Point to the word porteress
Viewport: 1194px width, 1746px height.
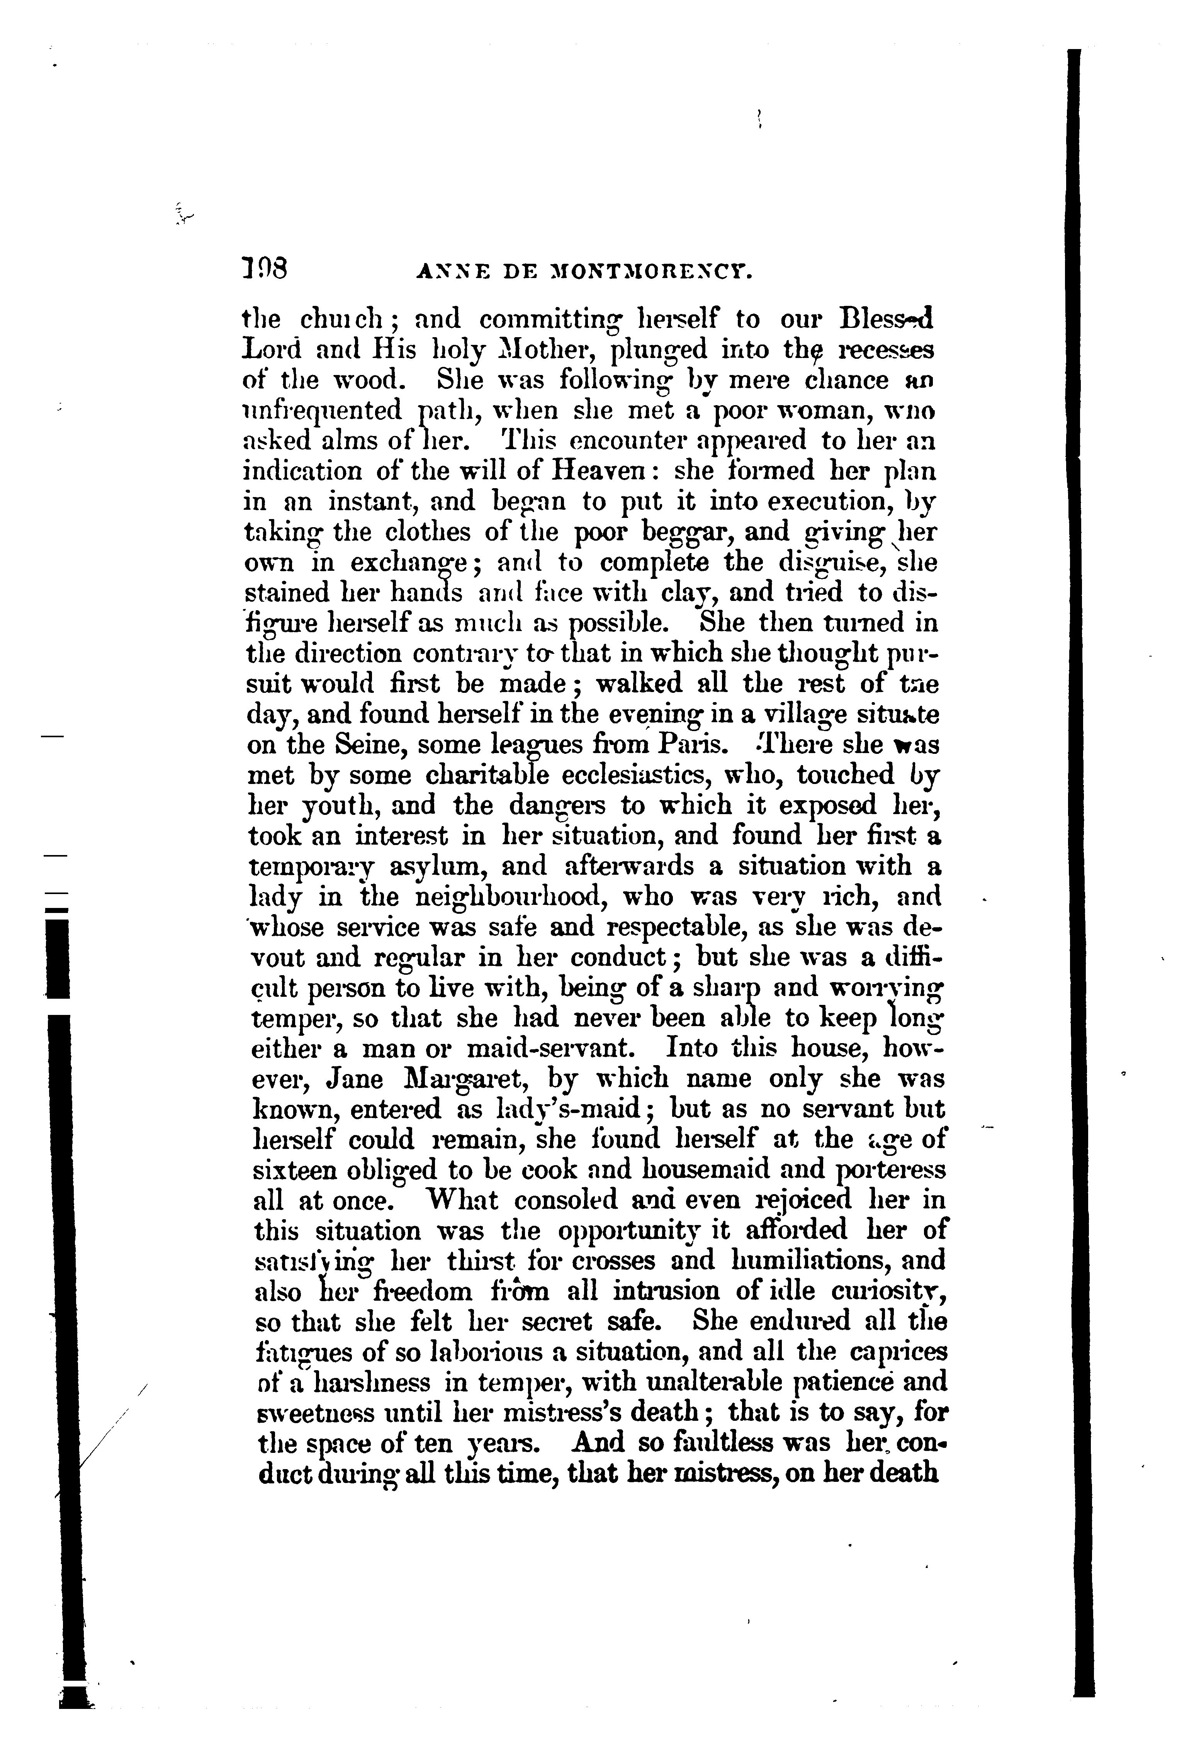(890, 1171)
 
